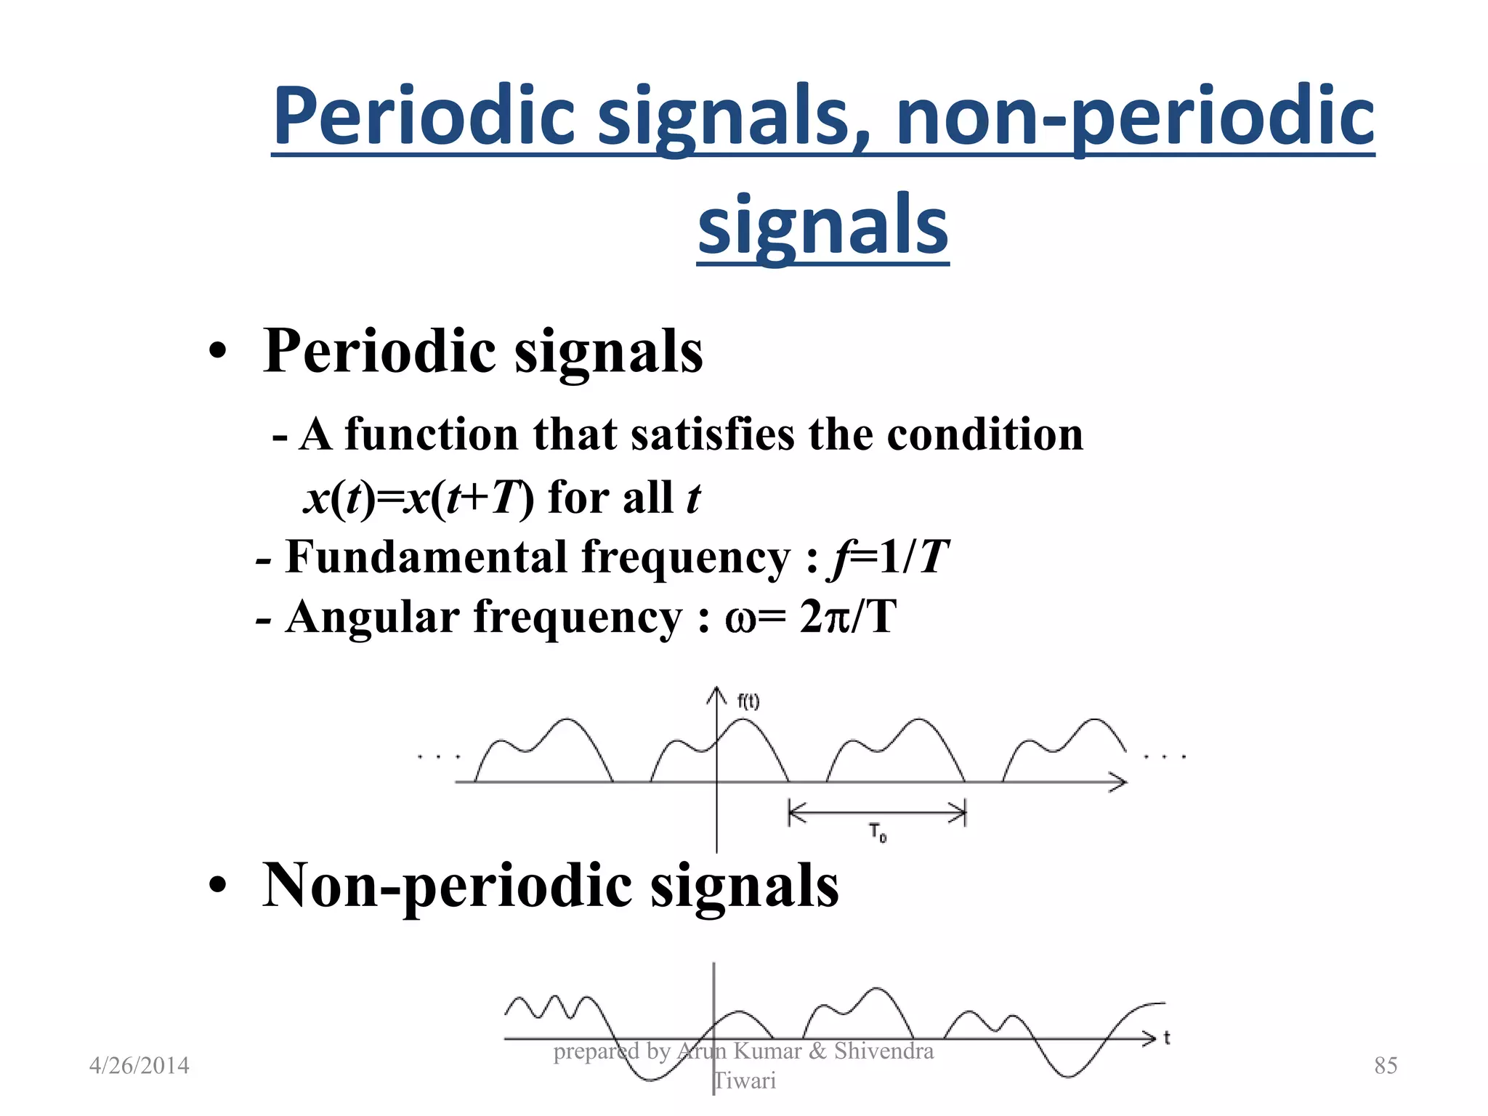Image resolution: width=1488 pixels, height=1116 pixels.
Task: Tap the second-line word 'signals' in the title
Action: pos(822,225)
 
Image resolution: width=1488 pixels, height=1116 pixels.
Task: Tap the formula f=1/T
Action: pos(888,558)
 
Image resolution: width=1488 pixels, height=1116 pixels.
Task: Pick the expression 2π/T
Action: pos(847,618)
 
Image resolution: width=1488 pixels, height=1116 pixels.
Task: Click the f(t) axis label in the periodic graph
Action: pos(748,701)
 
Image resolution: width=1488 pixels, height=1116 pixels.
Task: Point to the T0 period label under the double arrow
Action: pos(878,833)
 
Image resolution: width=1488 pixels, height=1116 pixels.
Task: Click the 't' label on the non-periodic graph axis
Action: pos(1167,1038)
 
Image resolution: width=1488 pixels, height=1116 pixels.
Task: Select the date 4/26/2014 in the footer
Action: pos(139,1066)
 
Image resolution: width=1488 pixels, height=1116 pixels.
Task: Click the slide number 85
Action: pos(1386,1066)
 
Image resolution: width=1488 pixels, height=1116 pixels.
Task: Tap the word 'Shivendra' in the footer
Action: pos(883,1051)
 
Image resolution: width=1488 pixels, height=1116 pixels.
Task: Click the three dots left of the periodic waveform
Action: pos(439,757)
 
